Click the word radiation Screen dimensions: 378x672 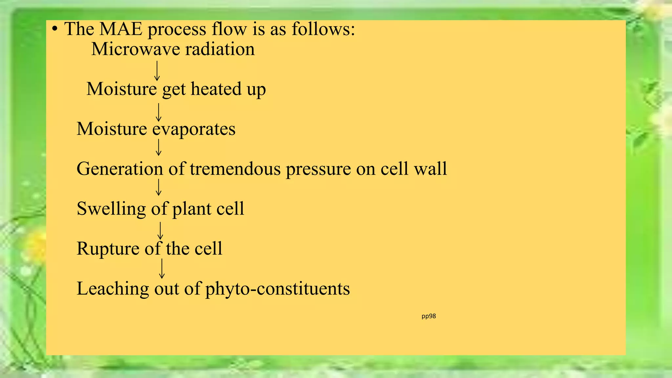tap(220, 49)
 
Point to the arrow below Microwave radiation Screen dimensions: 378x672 tap(157, 71)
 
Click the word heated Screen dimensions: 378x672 tap(216, 89)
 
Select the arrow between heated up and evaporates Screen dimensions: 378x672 tap(159, 112)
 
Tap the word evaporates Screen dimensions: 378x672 tap(194, 129)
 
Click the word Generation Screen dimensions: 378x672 tap(120, 169)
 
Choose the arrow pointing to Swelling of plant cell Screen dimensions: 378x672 tap(159, 187)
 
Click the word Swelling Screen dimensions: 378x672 tap(111, 209)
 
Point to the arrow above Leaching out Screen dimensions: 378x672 tap(162, 268)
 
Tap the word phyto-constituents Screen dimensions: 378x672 tap(278, 289)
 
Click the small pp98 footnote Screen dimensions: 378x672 tap(429, 316)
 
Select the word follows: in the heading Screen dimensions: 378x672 tap(323, 29)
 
